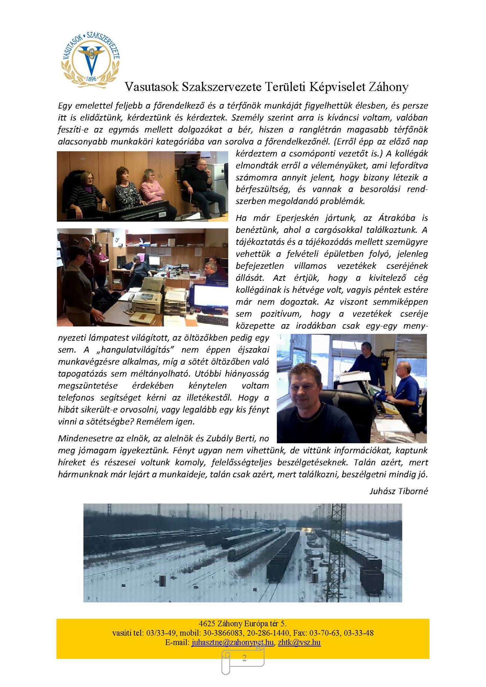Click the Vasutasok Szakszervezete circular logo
click(x=90, y=60)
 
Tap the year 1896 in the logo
click(x=91, y=79)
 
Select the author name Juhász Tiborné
click(x=399, y=491)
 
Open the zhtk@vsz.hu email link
click(x=299, y=642)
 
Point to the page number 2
click(x=244, y=658)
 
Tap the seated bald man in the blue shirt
click(x=405, y=386)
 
